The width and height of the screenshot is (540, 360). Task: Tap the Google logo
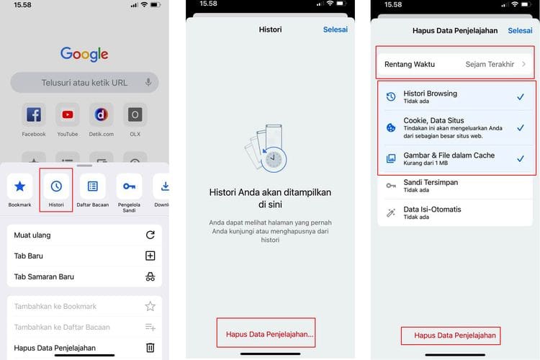click(x=84, y=53)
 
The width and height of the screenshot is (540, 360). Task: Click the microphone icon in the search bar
click(x=148, y=82)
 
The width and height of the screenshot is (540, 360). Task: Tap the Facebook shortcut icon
click(x=33, y=114)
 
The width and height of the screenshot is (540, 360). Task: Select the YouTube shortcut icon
click(x=68, y=114)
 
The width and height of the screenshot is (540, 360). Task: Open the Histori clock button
click(x=56, y=186)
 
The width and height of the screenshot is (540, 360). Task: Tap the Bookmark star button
click(x=20, y=186)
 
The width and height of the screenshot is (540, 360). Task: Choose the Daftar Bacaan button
click(x=92, y=186)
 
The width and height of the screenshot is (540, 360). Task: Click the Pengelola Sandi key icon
click(x=129, y=186)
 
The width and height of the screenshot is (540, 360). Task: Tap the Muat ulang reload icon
click(x=150, y=235)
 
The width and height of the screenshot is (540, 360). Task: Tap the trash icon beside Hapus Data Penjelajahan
click(x=150, y=348)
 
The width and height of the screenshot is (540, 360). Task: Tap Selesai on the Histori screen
click(x=336, y=30)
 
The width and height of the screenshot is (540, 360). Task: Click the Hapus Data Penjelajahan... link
click(x=269, y=335)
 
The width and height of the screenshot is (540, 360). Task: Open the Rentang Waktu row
click(x=455, y=64)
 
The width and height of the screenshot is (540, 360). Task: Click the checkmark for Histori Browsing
click(x=521, y=96)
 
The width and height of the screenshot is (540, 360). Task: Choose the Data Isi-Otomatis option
click(x=432, y=210)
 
